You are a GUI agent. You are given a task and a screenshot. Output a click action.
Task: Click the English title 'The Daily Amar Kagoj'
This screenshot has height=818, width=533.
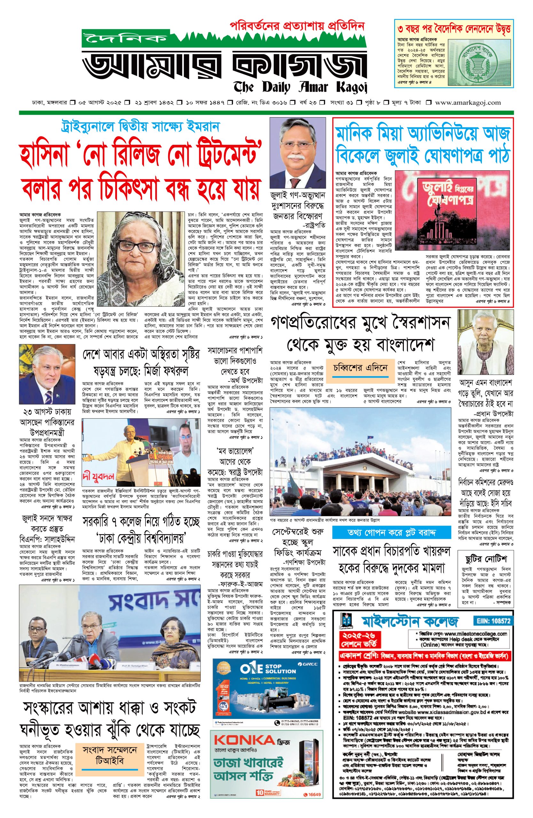pyautogui.click(x=300, y=87)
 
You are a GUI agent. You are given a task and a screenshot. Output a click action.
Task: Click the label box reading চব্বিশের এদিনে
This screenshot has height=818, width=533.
pyautogui.click(x=360, y=368)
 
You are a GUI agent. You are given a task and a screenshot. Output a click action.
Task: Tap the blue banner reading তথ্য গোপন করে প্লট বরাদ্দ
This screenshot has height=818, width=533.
pyautogui.click(x=391, y=533)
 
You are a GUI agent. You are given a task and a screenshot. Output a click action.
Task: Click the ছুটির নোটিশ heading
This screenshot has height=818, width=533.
pyautogui.click(x=486, y=559)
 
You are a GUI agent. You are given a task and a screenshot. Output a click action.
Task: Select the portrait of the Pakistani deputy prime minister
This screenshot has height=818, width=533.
pyautogui.click(x=47, y=374)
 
